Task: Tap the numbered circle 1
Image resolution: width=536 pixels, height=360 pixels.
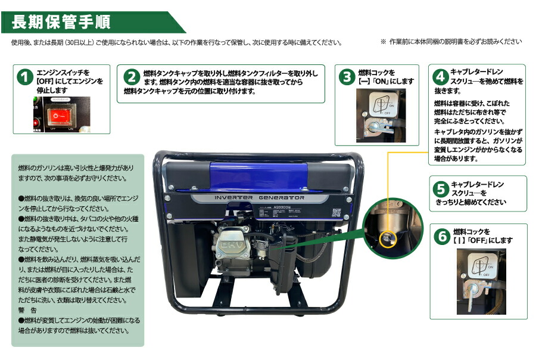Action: [24, 77]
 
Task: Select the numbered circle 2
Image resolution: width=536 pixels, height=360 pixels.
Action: [132, 77]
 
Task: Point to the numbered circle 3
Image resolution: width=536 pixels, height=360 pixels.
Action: [347, 76]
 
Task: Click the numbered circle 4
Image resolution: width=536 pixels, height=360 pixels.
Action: [440, 77]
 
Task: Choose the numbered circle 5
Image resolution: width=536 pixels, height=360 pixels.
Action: [441, 190]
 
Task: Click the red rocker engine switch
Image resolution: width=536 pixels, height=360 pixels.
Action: [60, 114]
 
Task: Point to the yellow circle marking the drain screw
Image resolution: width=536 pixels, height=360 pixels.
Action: [387, 238]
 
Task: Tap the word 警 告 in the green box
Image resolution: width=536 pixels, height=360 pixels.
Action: [27, 311]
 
